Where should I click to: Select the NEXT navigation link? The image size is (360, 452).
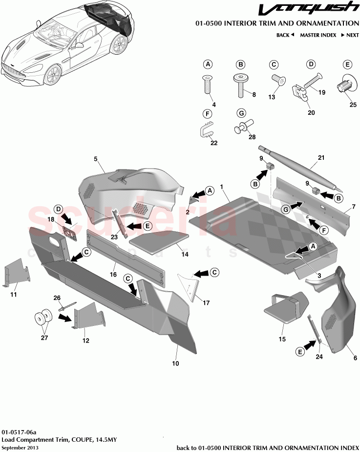350,35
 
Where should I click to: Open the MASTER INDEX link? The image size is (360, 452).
318,35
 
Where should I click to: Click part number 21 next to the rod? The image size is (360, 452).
320,158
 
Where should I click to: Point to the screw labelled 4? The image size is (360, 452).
207,86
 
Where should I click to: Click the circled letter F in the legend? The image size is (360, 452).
208,114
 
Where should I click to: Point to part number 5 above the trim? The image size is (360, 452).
96,159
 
